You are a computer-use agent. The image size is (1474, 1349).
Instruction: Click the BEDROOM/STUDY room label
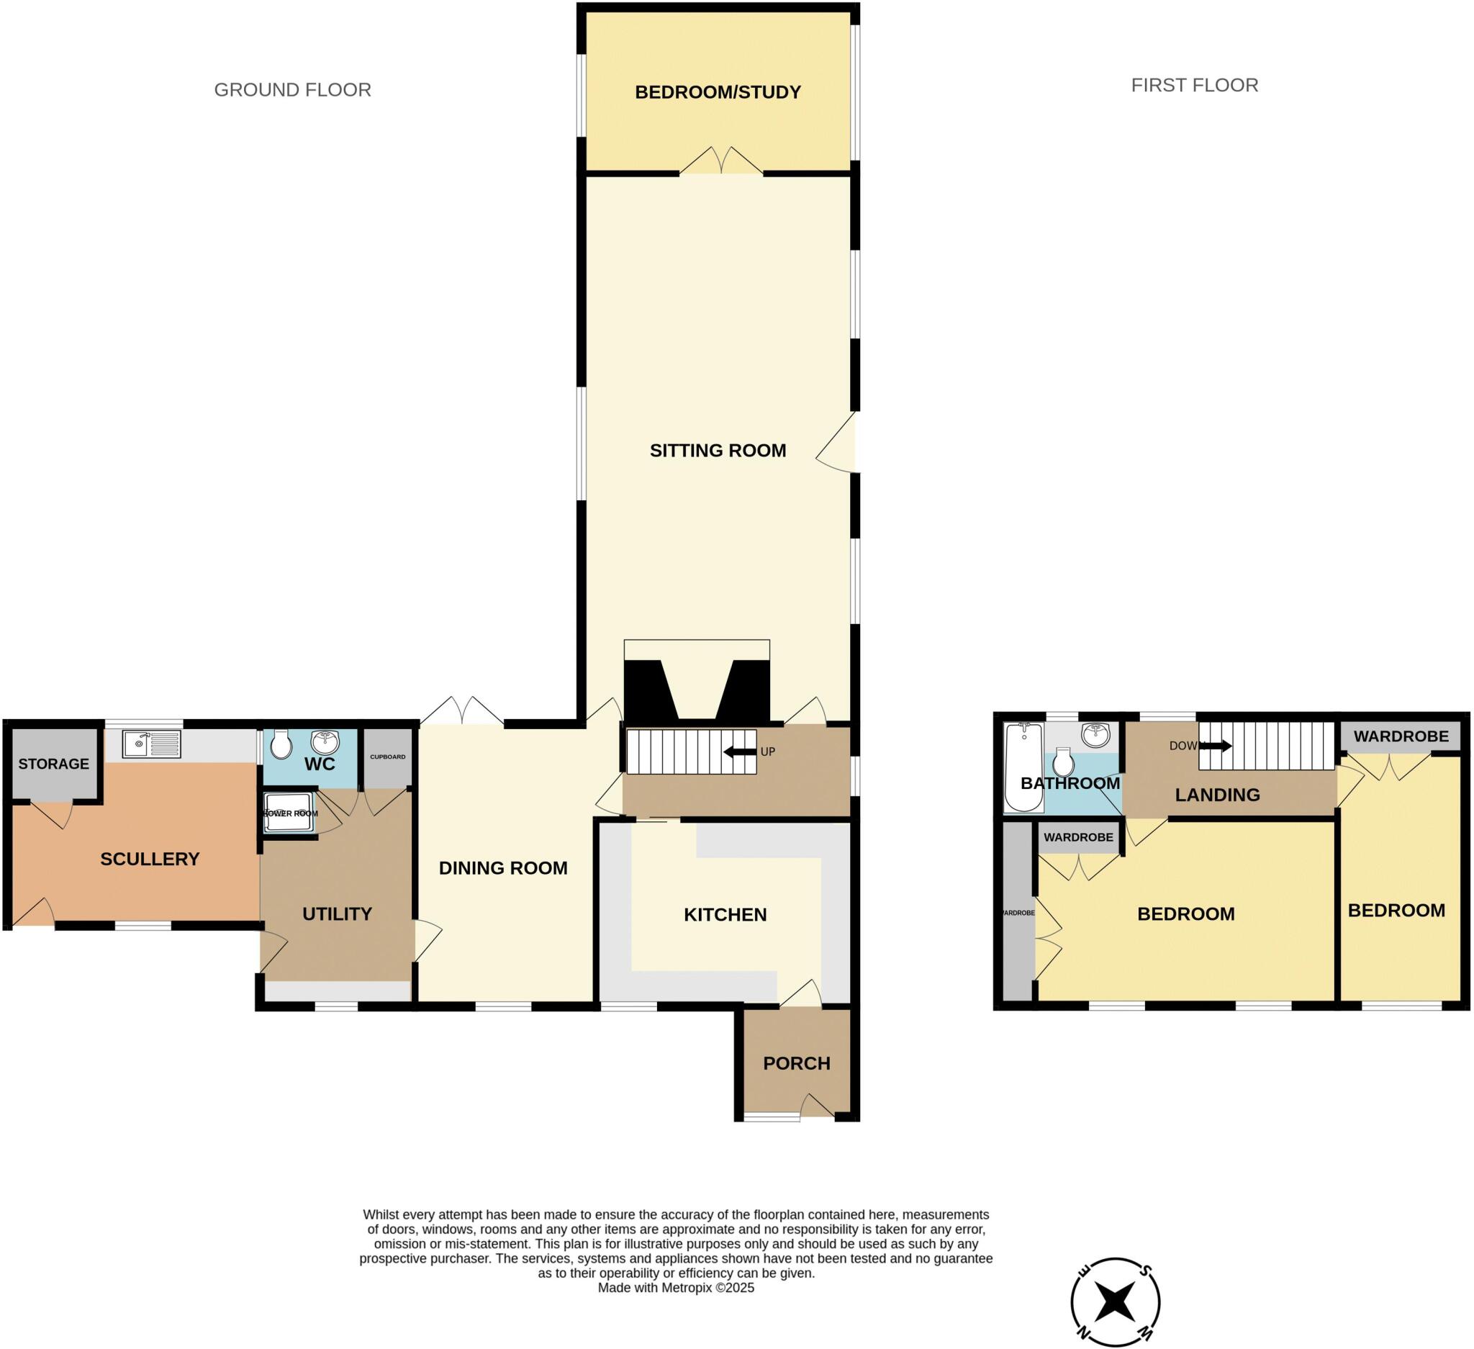click(718, 92)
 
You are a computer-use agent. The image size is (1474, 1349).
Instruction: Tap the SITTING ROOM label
click(718, 451)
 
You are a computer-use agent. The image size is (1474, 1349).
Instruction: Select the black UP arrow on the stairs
click(739, 752)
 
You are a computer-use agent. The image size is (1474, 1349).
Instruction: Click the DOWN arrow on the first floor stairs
click(1215, 746)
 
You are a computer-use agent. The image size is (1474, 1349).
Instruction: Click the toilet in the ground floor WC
click(281, 744)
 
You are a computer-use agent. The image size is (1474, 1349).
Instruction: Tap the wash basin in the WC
click(325, 741)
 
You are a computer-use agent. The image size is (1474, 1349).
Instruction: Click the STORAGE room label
click(53, 763)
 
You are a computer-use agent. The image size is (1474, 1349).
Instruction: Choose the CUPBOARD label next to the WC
click(387, 757)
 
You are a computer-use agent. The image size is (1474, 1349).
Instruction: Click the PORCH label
click(796, 1063)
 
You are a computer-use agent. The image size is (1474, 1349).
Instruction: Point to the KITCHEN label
click(725, 915)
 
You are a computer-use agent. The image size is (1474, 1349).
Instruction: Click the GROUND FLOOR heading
click(292, 90)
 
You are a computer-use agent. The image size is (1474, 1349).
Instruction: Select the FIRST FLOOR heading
click(1194, 86)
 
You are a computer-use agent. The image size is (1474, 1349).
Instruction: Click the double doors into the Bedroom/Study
click(721, 162)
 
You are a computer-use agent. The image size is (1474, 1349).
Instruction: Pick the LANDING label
click(1216, 795)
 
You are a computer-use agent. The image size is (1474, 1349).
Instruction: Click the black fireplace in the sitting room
click(696, 691)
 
